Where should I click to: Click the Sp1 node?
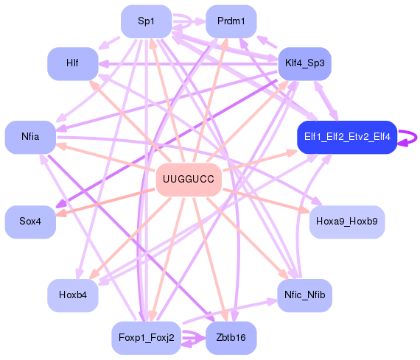coord(147,21)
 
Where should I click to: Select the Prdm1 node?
coord(231,21)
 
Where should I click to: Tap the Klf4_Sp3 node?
coord(304,63)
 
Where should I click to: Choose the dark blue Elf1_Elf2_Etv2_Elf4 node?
coord(347,136)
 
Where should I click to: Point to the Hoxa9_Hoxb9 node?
coord(346,221)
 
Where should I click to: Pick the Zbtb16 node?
coord(231,337)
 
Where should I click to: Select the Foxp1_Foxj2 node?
coord(147,337)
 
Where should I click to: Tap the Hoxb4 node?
coord(73,295)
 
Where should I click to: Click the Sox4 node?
coord(30,221)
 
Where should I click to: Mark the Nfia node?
coord(30,136)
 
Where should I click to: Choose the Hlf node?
coord(73,63)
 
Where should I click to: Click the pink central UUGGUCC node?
coord(189,180)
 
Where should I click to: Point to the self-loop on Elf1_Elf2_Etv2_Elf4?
coord(414,136)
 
